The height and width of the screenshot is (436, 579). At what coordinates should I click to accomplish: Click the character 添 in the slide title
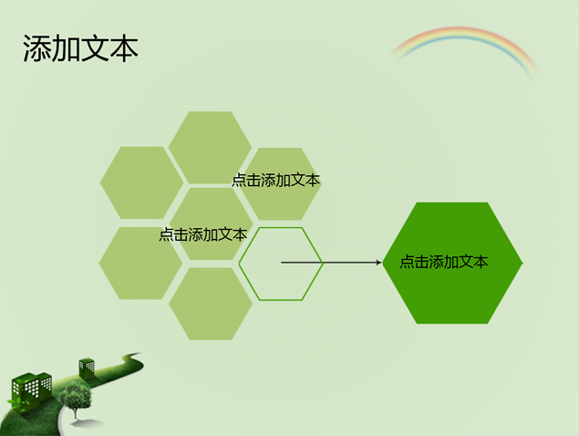36,48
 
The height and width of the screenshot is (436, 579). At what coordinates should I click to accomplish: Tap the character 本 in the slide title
124,48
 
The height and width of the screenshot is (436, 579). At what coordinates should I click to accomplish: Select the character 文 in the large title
95,48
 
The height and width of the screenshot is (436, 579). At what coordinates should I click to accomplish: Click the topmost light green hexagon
210,148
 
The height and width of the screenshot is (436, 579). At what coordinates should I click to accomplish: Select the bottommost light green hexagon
211,304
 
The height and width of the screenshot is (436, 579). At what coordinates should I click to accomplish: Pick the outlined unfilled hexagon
281,264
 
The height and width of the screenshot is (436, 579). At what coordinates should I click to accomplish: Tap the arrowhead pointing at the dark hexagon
378,263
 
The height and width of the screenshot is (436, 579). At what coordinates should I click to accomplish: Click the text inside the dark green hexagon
443,262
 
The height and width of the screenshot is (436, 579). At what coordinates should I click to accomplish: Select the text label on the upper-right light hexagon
275,180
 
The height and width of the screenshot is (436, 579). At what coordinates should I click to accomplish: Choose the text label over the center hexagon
202,234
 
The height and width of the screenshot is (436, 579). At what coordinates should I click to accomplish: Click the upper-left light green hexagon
141,183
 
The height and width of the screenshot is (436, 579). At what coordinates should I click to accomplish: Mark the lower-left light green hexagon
140,263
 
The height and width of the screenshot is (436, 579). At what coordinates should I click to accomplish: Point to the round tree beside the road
76,396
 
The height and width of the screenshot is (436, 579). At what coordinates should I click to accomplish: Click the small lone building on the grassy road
87,368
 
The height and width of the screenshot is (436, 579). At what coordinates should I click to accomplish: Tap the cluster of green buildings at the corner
31,390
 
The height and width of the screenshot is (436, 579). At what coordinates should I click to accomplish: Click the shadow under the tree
88,422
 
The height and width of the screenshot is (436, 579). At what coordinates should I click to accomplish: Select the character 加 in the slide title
66,48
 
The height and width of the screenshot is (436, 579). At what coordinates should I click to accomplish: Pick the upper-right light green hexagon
280,184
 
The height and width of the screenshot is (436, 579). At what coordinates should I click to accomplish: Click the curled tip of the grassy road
133,355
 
